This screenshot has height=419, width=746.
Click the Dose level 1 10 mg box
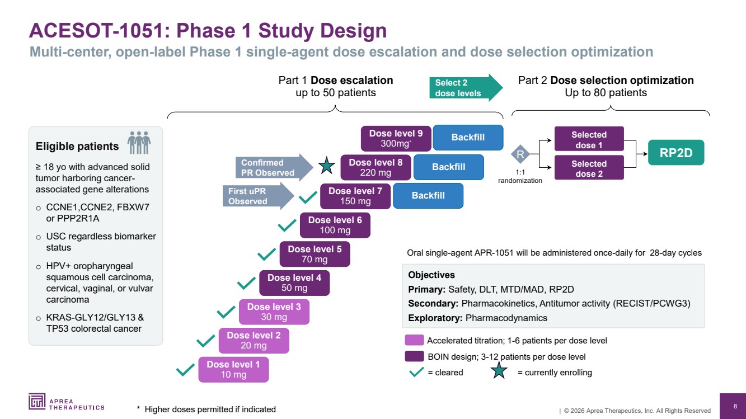(x=233, y=370)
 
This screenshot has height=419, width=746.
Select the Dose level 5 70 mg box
(x=315, y=254)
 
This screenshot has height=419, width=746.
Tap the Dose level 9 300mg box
(x=396, y=138)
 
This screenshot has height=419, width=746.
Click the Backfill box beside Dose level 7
(x=428, y=195)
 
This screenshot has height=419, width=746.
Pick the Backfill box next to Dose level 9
(x=468, y=137)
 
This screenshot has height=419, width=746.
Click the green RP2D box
(x=675, y=153)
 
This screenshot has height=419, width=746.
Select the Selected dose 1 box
(x=589, y=139)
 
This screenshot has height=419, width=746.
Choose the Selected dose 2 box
(x=589, y=168)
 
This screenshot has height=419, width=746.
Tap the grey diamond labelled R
(x=520, y=154)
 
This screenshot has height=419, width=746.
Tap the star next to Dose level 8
(x=326, y=166)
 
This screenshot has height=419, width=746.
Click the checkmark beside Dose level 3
(x=226, y=311)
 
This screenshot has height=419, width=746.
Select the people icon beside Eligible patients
(x=139, y=142)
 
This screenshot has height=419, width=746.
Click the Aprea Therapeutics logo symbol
(x=37, y=401)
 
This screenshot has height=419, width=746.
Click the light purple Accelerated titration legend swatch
(x=414, y=340)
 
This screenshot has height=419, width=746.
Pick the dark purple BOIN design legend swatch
(x=414, y=356)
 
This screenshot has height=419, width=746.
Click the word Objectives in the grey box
(x=431, y=275)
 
